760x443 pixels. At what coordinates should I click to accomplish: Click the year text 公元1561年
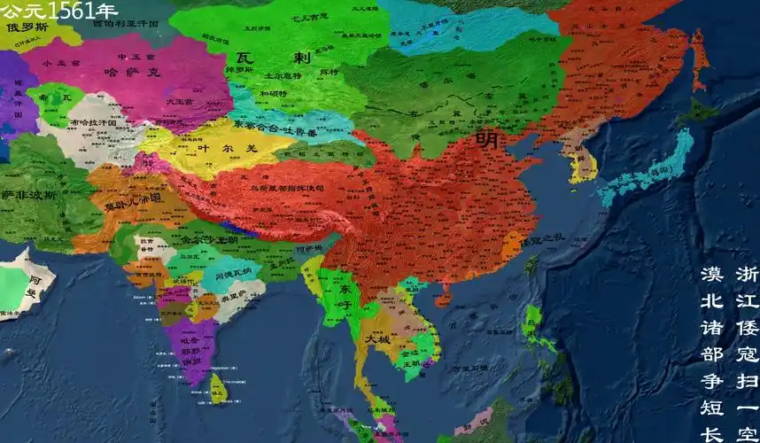pos(58,11)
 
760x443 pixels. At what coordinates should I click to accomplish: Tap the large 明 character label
pos(486,140)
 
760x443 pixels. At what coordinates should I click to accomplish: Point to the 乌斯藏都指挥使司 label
pos(287,188)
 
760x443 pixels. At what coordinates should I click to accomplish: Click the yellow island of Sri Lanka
pos(218,387)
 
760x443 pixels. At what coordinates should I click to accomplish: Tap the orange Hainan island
pos(444,291)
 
